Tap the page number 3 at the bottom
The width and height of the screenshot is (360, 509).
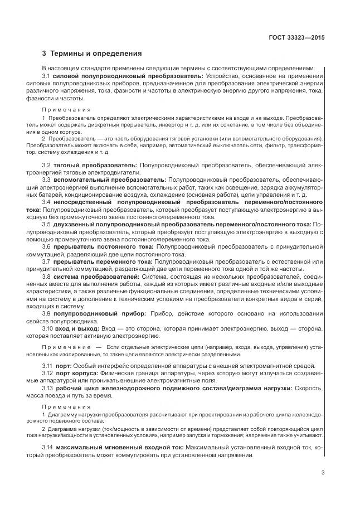(x=323, y=474)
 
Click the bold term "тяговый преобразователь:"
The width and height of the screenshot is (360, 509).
(x=95, y=166)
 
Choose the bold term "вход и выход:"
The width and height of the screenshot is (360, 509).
(x=77, y=329)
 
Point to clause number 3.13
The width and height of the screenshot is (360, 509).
(x=48, y=388)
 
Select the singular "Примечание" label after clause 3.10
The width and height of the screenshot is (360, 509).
(x=68, y=347)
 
